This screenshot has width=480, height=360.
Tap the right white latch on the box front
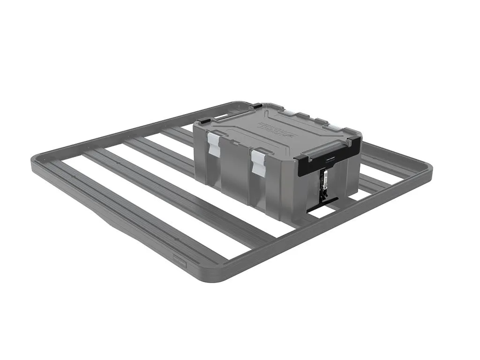[259, 162]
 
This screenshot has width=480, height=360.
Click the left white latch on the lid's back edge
[289, 112]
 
